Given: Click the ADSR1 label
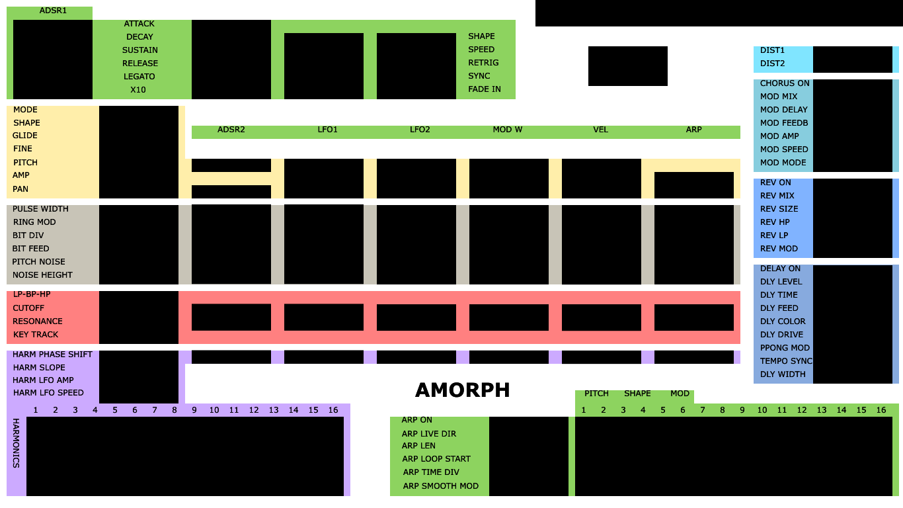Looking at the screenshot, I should click(x=53, y=11).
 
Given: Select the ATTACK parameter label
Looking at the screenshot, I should click(x=139, y=24).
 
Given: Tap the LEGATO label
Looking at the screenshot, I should click(x=139, y=77).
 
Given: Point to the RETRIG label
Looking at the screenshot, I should click(x=483, y=63).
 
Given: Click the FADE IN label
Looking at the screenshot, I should click(x=485, y=89).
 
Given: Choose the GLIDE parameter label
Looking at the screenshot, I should click(x=24, y=136).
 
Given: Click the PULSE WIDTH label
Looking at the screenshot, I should click(x=40, y=209).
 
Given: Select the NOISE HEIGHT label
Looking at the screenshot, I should click(x=42, y=275).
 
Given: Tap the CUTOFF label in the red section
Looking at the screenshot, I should click(x=28, y=308).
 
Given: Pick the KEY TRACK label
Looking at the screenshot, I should click(x=36, y=335).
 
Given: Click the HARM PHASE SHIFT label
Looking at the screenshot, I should click(x=52, y=355).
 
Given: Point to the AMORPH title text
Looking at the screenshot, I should click(x=462, y=390).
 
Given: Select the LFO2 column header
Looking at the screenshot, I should click(x=420, y=130).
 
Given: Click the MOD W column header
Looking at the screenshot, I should click(x=508, y=130).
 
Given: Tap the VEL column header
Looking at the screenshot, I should click(x=600, y=130).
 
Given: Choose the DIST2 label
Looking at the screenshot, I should click(x=772, y=63).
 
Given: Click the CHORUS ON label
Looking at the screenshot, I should click(x=785, y=83).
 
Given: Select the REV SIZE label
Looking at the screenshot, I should click(x=779, y=209).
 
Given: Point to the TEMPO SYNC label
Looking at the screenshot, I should click(x=786, y=361).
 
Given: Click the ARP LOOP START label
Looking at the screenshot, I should click(x=436, y=459).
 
